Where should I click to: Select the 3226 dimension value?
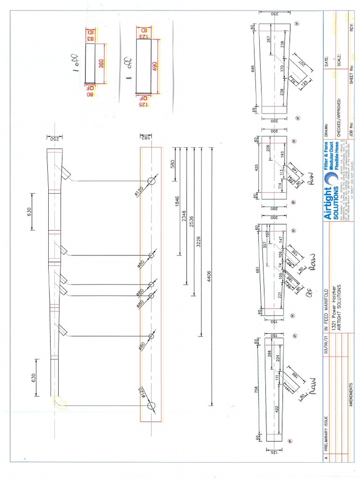[x=199, y=241]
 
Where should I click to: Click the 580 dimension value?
[x=172, y=164]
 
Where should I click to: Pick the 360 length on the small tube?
[x=101, y=64]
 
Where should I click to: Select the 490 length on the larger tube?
[x=154, y=66]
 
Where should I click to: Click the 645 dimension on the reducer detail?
[x=254, y=69]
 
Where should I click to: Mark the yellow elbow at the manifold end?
[x=60, y=402]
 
